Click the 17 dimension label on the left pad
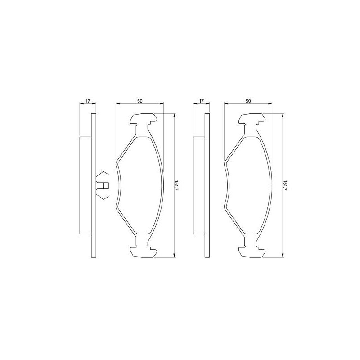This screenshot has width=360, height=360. tap(88, 101)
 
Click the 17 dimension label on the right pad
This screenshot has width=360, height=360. tap(201, 101)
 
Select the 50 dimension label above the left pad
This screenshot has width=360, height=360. tap(140, 101)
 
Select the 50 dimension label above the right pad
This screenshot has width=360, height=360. tap(248, 101)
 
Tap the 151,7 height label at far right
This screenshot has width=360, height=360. tap(285, 185)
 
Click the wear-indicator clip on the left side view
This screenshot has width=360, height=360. tap(102, 185)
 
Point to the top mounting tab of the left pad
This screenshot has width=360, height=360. tap(144, 119)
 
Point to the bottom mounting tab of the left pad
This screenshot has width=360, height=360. tap(144, 252)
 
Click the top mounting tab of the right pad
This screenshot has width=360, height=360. tap(252, 119)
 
